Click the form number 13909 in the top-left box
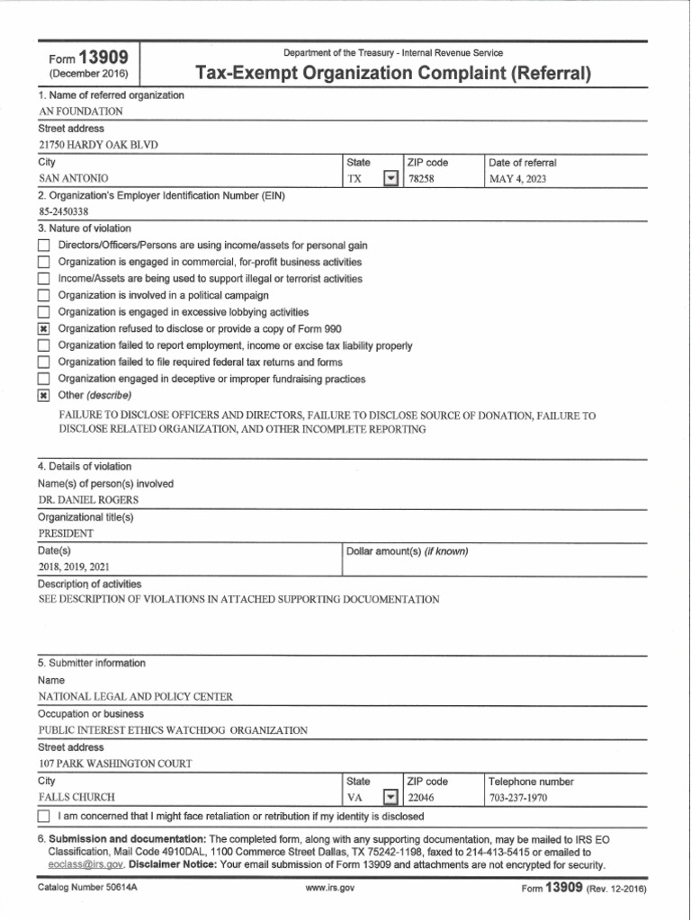tap(103, 58)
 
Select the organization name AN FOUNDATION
tap(81, 112)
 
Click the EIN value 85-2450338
tap(65, 212)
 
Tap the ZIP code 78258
tap(426, 179)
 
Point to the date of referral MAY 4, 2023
tap(517, 179)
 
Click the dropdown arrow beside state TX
tap(390, 179)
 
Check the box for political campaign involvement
tap(43, 296)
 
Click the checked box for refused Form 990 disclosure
tap(43, 329)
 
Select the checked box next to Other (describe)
tap(43, 397)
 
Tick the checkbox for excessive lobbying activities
tap(43, 313)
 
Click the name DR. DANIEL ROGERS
tap(88, 500)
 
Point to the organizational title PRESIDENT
tap(66, 533)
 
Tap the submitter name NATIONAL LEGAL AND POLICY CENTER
tap(135, 696)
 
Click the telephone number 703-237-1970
tap(518, 798)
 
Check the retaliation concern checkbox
tap(44, 817)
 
